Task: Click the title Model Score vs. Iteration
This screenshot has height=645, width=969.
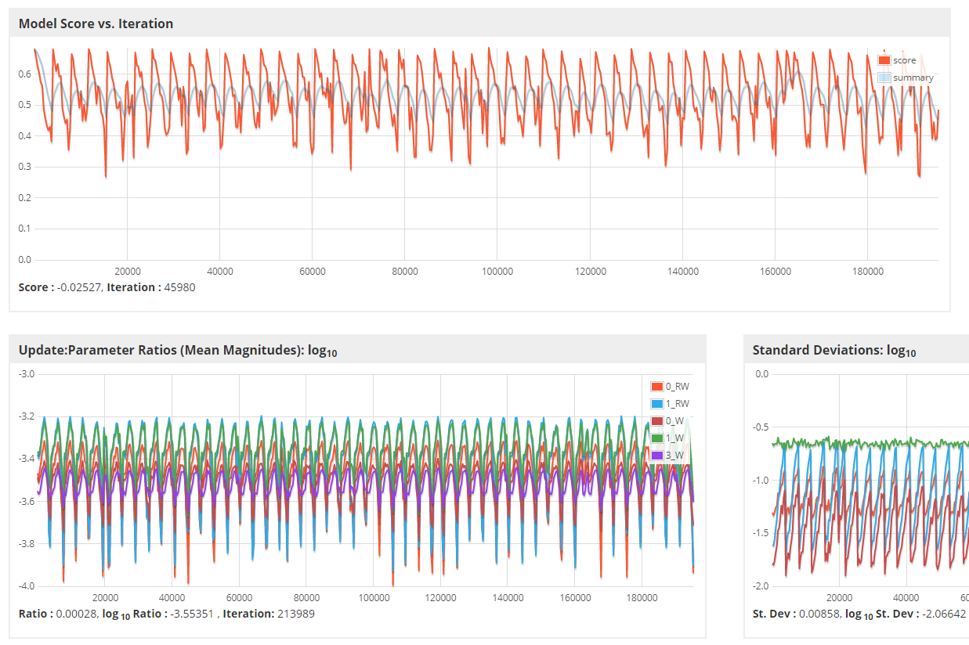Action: pyautogui.click(x=96, y=23)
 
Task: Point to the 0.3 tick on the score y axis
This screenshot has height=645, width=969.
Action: pyautogui.click(x=24, y=167)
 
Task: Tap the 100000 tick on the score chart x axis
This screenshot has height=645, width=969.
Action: pyautogui.click(x=497, y=272)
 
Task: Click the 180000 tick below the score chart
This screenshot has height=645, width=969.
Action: pyautogui.click(x=867, y=272)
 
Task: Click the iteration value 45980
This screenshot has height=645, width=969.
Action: pyautogui.click(x=177, y=287)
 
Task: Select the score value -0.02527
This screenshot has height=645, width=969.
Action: pyautogui.click(x=80, y=287)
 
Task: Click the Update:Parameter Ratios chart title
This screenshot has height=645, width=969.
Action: pyautogui.click(x=178, y=350)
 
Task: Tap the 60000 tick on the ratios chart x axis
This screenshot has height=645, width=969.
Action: pyautogui.click(x=238, y=598)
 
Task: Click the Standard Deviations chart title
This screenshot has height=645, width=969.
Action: pyautogui.click(x=834, y=350)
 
